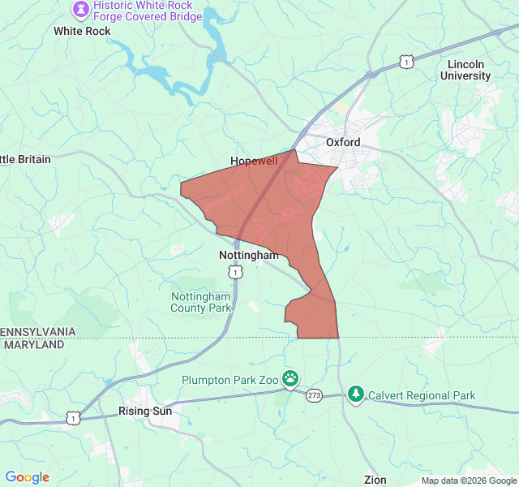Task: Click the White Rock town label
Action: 81,31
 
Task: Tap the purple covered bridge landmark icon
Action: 80,10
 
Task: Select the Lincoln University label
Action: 465,70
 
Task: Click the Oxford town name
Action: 343,141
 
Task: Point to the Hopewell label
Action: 254,161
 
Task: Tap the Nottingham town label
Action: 249,255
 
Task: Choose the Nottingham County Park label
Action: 200,301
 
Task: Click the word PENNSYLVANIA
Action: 38,332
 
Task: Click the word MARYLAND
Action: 34,344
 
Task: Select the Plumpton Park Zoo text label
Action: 229,379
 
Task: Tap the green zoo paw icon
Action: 290,378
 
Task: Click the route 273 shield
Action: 314,395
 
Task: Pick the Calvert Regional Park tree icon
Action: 355,394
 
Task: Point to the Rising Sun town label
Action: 145,411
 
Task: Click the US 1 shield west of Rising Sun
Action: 73,417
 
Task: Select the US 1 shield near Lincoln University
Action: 406,61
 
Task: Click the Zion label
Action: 375,480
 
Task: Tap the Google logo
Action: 28,477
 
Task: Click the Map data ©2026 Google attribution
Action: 468,481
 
